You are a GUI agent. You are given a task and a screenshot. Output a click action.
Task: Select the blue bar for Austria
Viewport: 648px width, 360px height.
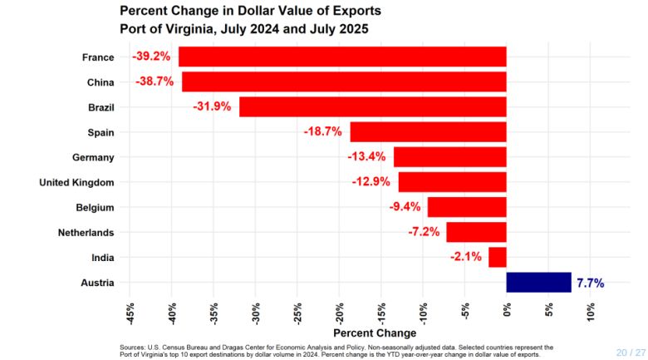tap(538, 283)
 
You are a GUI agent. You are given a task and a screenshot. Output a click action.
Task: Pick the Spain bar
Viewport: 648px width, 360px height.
tap(428, 132)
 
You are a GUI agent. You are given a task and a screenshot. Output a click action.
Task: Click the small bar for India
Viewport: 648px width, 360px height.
tap(497, 258)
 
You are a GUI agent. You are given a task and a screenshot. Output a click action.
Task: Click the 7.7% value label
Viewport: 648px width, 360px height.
tap(590, 284)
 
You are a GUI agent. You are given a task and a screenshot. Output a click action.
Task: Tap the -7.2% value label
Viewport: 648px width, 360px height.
tap(424, 232)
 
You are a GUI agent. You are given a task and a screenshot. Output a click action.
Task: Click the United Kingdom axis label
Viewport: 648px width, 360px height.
tap(76, 182)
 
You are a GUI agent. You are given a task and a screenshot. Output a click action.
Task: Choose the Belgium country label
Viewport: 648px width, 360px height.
tap(94, 208)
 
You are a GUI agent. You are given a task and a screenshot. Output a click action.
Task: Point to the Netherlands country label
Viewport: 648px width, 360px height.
tap(86, 233)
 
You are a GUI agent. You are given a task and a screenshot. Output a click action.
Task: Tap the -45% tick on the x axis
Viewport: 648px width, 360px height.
tap(130, 314)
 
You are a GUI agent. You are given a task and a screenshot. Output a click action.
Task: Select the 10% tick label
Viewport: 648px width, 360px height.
tap(591, 314)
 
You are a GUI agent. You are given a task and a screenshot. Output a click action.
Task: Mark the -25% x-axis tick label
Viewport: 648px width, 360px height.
tap(298, 314)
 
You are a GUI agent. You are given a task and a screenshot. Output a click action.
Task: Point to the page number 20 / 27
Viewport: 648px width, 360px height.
tap(630, 352)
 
